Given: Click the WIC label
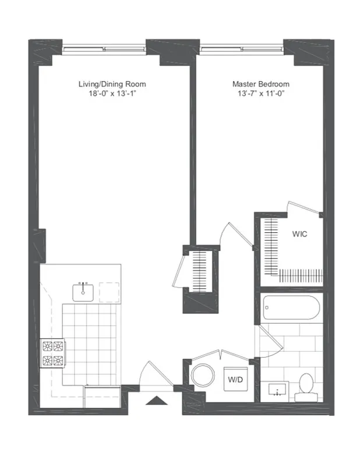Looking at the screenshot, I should [299, 234].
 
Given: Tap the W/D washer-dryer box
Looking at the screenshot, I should [236, 379].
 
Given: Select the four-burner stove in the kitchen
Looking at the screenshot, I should [53, 354].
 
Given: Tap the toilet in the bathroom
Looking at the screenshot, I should [305, 387].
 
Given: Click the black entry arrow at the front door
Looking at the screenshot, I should [157, 400].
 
